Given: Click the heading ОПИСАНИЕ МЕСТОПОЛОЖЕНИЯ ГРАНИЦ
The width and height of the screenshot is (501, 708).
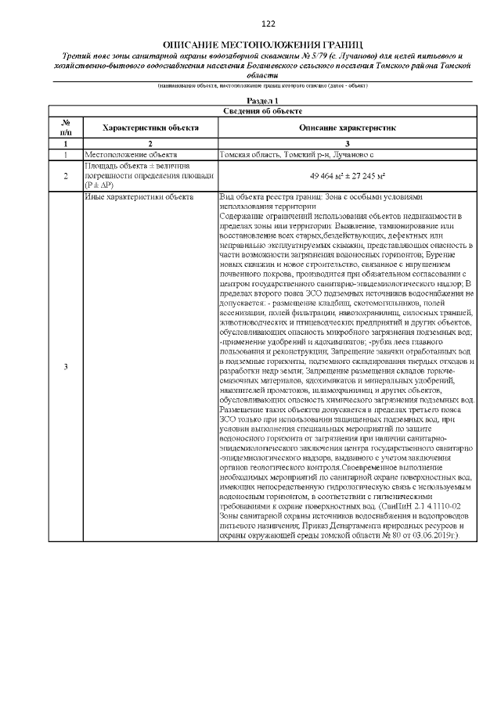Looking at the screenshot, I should point(262,46).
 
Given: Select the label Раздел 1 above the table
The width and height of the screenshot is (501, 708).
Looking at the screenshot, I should point(262,102).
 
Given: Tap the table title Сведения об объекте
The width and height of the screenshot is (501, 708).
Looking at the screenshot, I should point(262,111).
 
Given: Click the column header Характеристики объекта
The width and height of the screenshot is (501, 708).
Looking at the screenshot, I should point(150,127).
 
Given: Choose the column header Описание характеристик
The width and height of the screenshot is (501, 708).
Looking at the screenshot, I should point(348,127).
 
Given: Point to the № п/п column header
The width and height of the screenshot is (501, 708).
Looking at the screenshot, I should point(66,127).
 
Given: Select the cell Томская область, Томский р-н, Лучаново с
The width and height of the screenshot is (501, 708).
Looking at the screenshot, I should point(290,155).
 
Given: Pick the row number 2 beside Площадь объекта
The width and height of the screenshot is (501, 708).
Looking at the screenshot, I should point(66,175).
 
